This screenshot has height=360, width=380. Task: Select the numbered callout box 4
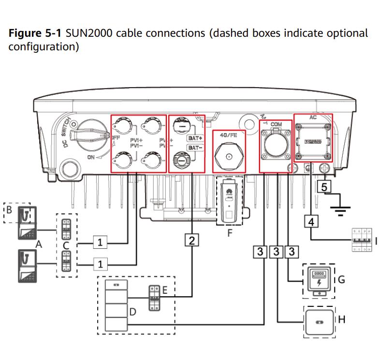point(311,221)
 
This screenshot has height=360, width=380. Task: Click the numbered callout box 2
point(192,239)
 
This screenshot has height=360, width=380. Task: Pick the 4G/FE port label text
point(229,135)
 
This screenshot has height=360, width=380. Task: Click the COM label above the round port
point(277,124)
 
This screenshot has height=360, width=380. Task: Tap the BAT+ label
point(194,138)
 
